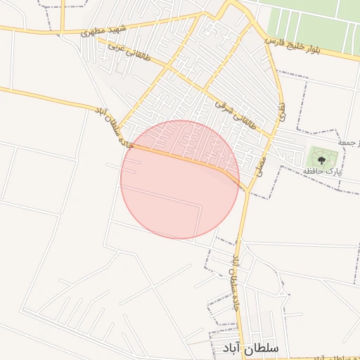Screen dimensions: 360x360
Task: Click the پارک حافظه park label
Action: tap(322, 172)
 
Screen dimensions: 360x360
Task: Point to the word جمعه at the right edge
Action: tap(349, 143)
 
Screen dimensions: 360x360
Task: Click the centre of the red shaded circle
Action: tap(180, 179)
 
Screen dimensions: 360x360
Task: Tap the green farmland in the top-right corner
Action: tap(316, 21)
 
